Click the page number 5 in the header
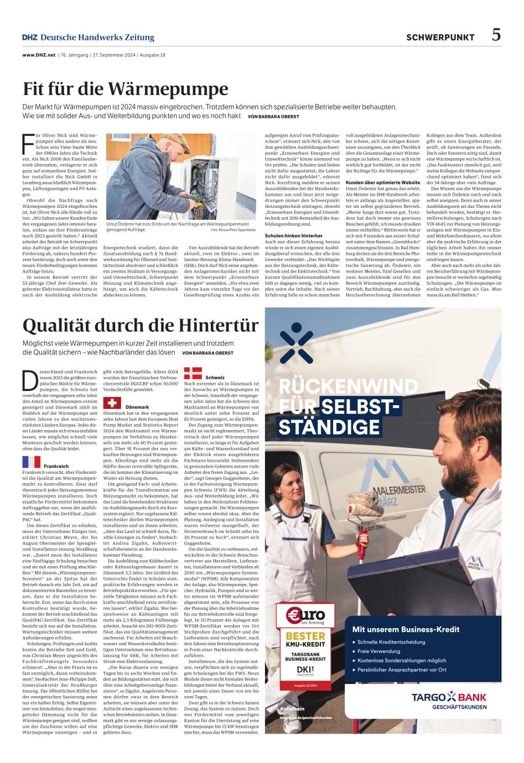pos(496,35)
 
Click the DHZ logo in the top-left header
pos(29,38)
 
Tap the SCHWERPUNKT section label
pos(440,38)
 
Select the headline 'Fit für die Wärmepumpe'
pos(126,88)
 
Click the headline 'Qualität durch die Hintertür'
pos(141,324)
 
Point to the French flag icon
pos(32,462)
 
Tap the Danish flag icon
pos(193,372)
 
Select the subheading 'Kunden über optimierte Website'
pos(382,182)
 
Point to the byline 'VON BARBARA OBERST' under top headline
pos(273,117)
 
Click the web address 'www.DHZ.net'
pos(39,55)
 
